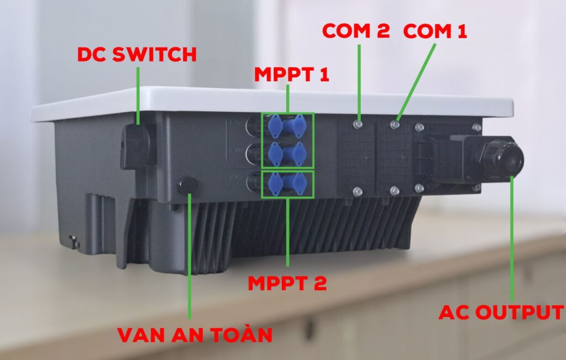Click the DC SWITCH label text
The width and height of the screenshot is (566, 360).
pyautogui.click(x=137, y=54)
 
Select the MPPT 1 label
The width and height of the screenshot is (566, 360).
pyautogui.click(x=292, y=75)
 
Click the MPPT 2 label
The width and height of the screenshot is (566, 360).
pyautogui.click(x=287, y=283)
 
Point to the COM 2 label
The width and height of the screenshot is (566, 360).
pyautogui.click(x=355, y=30)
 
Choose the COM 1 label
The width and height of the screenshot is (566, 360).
pyautogui.click(x=435, y=30)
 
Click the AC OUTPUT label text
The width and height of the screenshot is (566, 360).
pyautogui.click(x=501, y=311)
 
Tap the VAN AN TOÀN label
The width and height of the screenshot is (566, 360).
pyautogui.click(x=195, y=335)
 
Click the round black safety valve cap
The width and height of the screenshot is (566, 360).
pyautogui.click(x=187, y=185)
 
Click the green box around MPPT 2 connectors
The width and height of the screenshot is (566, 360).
pyautogui.click(x=287, y=185)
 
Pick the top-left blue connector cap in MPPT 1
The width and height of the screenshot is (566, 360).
pyautogui.click(x=275, y=126)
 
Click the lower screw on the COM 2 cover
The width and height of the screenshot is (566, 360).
pyautogui.click(x=358, y=191)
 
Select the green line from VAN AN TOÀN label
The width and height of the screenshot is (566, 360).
pyautogui.click(x=190, y=254)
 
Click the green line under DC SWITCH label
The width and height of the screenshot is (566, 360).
pyautogui.click(x=138, y=91)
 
